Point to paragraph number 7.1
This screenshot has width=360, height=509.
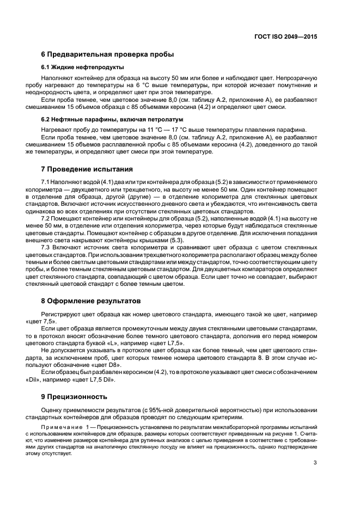pos(46,181)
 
